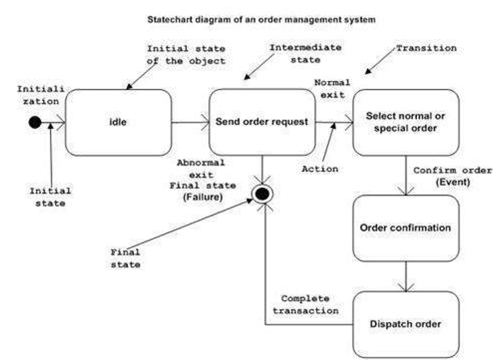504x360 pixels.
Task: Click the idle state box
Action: pyautogui.click(x=118, y=122)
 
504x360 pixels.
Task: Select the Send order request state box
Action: pyautogui.click(x=262, y=122)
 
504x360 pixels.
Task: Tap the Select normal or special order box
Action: pyautogui.click(x=405, y=122)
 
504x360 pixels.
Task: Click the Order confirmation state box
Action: pyautogui.click(x=405, y=228)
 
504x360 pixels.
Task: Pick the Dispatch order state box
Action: pyautogui.click(x=405, y=324)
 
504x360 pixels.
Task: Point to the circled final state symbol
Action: pyautogui.click(x=262, y=194)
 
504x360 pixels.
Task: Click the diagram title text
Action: pyautogui.click(x=261, y=20)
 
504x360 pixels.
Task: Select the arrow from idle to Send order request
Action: pyautogui.click(x=190, y=122)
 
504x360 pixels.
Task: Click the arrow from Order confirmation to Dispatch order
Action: pyautogui.click(x=405, y=276)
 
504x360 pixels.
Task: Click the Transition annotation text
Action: pyautogui.click(x=426, y=48)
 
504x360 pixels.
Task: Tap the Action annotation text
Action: pyautogui.click(x=319, y=169)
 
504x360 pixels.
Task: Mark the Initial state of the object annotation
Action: pyautogui.click(x=186, y=54)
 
